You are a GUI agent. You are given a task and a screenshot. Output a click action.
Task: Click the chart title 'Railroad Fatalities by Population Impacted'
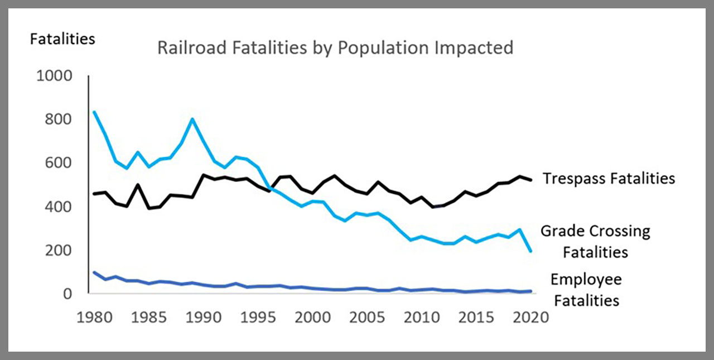click(335, 48)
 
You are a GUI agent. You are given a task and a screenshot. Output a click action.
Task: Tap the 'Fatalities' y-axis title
click(62, 39)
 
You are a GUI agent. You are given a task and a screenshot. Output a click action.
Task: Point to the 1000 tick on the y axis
click(55, 75)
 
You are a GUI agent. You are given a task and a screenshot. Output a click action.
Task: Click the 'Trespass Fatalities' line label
click(609, 178)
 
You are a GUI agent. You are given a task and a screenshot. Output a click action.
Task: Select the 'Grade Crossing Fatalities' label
click(595, 241)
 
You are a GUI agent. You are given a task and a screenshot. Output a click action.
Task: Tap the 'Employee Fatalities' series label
click(586, 290)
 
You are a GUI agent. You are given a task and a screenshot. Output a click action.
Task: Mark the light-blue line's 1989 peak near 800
click(192, 119)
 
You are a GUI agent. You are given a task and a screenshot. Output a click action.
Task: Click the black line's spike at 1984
click(138, 185)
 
